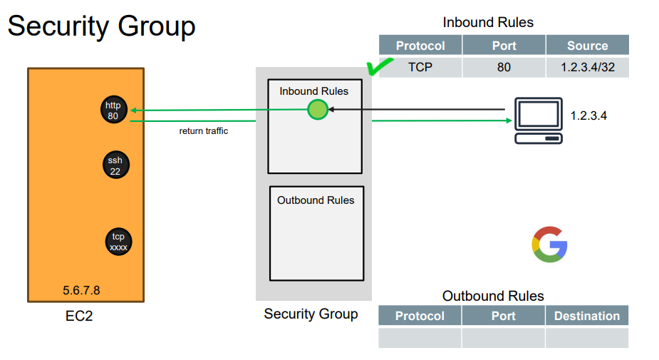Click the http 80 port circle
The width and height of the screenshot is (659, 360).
point(113,110)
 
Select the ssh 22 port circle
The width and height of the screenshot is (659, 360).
point(115,165)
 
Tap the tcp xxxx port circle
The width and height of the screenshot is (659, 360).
point(118,242)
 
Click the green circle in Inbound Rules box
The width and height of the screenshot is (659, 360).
point(318,110)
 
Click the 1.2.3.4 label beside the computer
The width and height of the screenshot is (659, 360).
point(589,115)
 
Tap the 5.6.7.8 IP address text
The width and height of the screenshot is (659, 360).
point(81,290)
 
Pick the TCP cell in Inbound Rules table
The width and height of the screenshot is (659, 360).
point(420,68)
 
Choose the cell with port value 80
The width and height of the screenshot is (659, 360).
point(504,68)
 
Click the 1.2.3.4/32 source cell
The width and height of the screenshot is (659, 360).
point(587,68)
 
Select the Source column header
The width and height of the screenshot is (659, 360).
point(587,46)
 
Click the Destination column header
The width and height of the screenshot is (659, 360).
point(587,316)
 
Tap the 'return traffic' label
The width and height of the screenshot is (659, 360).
point(204,131)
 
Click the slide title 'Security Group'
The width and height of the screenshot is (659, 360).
point(101,26)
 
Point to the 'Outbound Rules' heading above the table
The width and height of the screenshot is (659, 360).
point(493,296)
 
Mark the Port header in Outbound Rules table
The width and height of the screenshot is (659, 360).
point(503,316)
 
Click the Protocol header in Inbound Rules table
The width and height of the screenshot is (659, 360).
point(420,46)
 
